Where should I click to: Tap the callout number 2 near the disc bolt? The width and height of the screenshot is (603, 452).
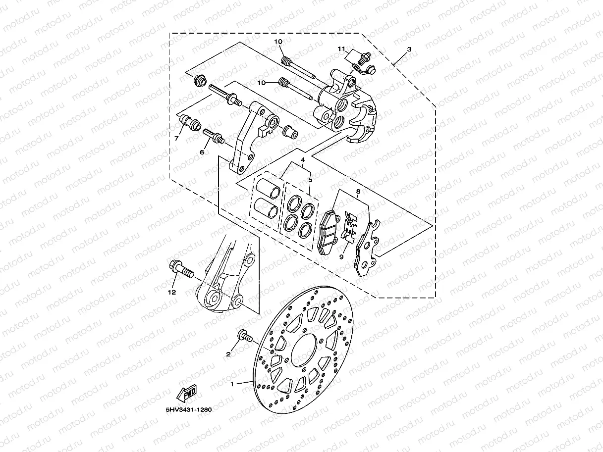(228, 354)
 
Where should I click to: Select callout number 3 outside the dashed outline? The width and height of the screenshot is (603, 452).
(409, 50)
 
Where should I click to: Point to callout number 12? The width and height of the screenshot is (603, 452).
(172, 293)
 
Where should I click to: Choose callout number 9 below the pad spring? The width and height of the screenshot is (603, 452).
(341, 257)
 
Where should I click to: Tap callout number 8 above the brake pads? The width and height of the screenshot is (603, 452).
(358, 191)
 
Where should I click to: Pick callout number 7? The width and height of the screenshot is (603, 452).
(176, 139)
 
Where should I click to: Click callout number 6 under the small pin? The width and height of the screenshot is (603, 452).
(202, 152)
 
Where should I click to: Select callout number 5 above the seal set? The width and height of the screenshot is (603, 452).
(310, 180)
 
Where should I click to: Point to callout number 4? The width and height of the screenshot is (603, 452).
(302, 160)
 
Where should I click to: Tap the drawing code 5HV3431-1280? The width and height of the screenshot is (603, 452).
(186, 410)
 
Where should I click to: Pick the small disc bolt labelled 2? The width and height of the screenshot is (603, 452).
(245, 337)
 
